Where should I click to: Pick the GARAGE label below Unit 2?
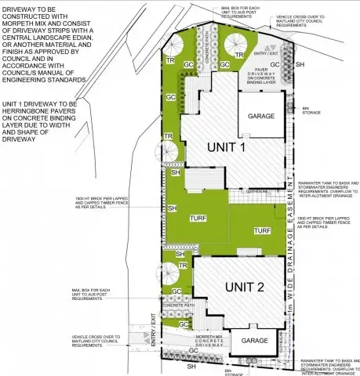point(255,341)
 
